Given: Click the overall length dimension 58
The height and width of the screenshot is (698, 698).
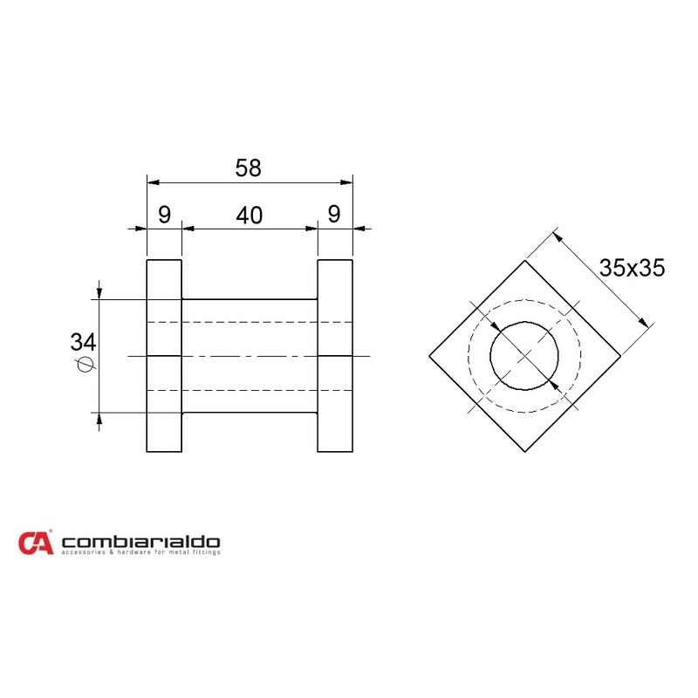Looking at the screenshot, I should [249, 168].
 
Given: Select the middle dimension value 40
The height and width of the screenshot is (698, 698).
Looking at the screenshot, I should [250, 216].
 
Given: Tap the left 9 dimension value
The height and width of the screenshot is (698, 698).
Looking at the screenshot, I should [163, 216].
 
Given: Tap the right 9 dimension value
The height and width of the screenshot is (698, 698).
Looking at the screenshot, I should [335, 216].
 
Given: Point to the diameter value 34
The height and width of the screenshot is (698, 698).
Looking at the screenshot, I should [83, 342].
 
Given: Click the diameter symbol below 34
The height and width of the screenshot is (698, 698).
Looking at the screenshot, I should [84, 366].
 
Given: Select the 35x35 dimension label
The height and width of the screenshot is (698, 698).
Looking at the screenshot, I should [633, 268].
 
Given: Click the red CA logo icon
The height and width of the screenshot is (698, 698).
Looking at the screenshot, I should [36, 543].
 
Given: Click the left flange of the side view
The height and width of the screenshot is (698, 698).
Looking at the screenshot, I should [163, 356].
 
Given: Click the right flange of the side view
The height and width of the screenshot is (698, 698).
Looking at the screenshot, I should [335, 356].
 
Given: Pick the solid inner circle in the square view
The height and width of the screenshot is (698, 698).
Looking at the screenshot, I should [524, 356].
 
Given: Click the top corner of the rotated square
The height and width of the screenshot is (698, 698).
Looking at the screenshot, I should [524, 260].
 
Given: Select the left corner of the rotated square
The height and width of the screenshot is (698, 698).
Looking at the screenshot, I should [429, 356].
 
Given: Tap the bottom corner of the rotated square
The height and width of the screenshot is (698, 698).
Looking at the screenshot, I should [524, 452].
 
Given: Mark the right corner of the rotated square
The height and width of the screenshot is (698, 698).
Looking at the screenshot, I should [620, 356].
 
